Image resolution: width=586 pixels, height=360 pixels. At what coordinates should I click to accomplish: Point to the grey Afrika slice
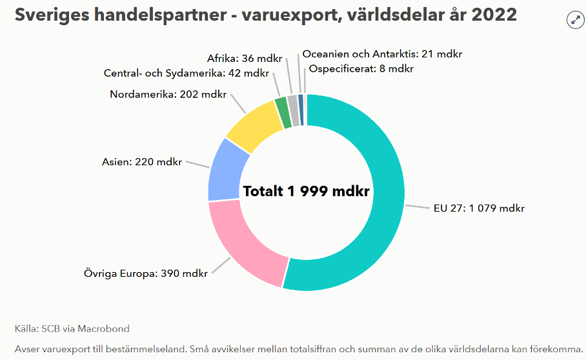pyautogui.click(x=292, y=102)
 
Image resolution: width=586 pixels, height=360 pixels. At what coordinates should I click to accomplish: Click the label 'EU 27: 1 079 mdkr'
pyautogui.click(x=479, y=208)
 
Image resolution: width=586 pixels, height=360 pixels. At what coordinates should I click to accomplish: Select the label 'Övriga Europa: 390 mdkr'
pyautogui.click(x=146, y=273)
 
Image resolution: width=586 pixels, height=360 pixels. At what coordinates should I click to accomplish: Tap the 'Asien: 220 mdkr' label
pyautogui.click(x=142, y=161)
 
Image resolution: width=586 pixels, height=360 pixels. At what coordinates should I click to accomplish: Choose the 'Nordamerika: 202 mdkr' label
pyautogui.click(x=168, y=94)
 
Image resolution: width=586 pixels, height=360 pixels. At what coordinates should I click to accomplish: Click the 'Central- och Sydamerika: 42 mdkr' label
pyautogui.click(x=187, y=73)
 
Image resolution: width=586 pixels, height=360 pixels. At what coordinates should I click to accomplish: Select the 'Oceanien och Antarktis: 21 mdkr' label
pyautogui.click(x=382, y=54)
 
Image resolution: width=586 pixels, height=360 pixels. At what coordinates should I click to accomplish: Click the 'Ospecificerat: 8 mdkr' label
pyautogui.click(x=361, y=68)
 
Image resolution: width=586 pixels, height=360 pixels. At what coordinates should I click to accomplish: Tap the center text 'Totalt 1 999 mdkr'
pyautogui.click(x=306, y=191)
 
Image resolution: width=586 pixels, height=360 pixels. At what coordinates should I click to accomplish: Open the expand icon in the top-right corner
pyautogui.click(x=575, y=20)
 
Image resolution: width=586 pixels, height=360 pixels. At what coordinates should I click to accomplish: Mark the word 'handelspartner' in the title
pyautogui.click(x=152, y=14)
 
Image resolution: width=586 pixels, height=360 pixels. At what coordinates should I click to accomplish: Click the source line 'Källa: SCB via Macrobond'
pyautogui.click(x=72, y=328)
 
